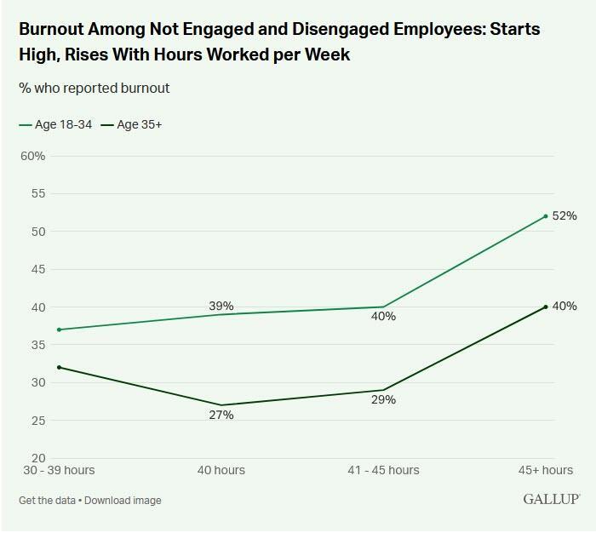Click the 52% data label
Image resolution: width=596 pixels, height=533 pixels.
tap(564, 216)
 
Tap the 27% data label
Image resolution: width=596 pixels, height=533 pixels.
tap(221, 416)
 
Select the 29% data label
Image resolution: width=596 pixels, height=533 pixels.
tap(383, 399)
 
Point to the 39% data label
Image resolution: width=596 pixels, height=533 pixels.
tap(221, 307)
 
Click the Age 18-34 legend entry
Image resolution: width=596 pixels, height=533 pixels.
tap(56, 125)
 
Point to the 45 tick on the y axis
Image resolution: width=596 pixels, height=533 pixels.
tap(38, 269)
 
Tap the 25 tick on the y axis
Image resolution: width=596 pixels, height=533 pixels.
tap(38, 420)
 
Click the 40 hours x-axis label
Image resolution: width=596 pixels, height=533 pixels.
tap(221, 470)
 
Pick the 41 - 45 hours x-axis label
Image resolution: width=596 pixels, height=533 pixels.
tap(383, 470)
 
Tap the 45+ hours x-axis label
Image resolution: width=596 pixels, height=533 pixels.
tap(546, 470)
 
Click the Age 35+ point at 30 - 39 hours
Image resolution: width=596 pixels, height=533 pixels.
tap(59, 367)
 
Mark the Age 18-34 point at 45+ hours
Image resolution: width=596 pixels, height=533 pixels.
tap(545, 216)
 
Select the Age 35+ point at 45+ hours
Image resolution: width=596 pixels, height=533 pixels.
tap(545, 307)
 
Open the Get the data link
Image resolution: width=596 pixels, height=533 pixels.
tap(46, 500)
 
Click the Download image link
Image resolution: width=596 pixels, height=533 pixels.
tap(123, 500)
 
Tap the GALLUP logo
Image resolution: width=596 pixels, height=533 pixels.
tap(551, 499)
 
